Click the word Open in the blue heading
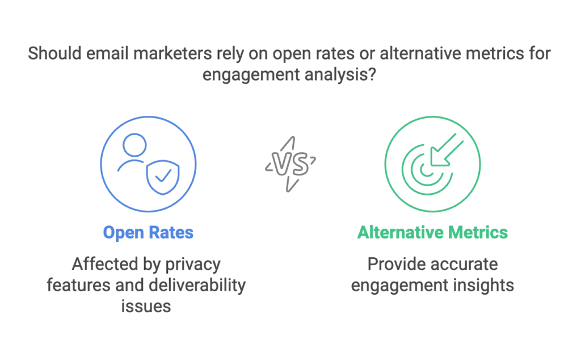point(120,233)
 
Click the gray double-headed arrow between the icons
point(290,162)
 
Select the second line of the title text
point(290,74)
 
